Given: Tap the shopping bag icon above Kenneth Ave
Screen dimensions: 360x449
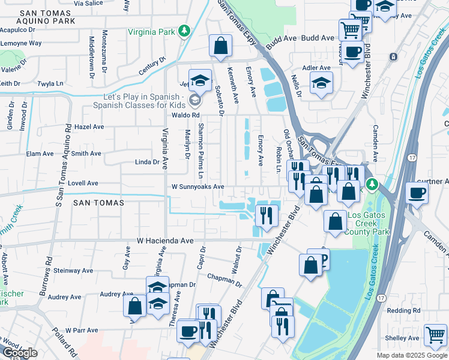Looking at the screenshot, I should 220,45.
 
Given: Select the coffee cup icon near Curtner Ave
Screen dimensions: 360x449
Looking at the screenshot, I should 416,193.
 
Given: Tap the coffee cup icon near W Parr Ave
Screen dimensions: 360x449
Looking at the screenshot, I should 188,330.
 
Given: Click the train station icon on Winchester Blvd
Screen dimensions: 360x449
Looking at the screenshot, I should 393,57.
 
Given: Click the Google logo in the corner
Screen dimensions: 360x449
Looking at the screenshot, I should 20,353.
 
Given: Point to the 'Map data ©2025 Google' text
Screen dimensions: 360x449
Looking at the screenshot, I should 412,355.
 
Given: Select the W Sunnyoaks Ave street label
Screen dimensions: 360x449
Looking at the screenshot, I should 197,187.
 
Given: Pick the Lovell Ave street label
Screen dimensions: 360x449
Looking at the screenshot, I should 82,184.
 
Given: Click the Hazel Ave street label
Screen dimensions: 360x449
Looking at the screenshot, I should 89,127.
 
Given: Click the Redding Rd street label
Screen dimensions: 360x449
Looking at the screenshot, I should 404,310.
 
